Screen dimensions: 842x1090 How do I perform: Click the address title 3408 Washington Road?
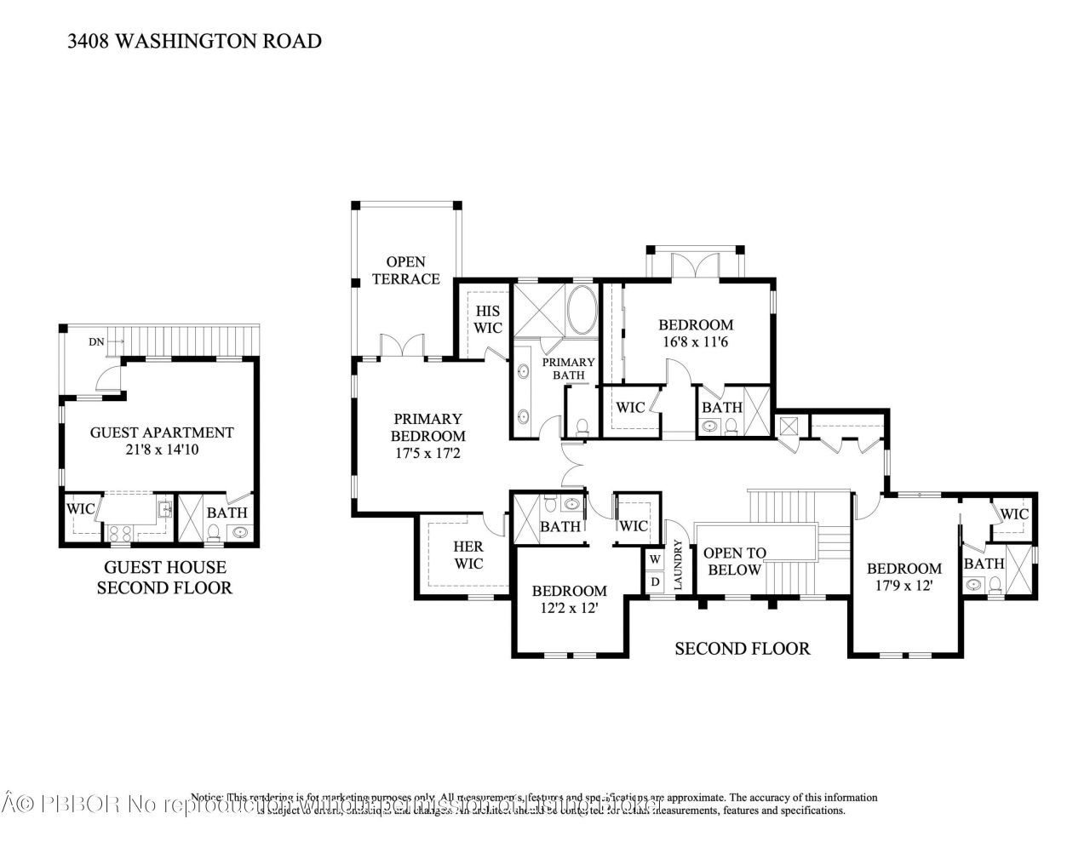[x=194, y=41]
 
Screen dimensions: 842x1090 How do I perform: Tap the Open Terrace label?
[x=405, y=270]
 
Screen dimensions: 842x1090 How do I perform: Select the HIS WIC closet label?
[x=488, y=319]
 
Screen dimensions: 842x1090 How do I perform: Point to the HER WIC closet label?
[x=468, y=555]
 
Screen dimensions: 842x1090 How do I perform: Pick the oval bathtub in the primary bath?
[x=582, y=310]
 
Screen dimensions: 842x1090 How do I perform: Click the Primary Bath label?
[x=569, y=369]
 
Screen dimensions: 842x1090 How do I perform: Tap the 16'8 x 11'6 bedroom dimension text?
[x=696, y=341]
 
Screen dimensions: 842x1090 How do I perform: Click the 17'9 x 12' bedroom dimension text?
[x=904, y=586]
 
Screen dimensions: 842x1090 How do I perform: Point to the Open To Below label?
[x=734, y=561]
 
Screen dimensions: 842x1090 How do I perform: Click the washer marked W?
[x=655, y=559]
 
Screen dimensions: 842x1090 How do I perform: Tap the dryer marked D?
[x=655, y=581]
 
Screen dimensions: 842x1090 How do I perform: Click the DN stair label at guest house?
[x=96, y=341]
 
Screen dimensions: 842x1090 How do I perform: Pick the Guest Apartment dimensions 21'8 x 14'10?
[x=162, y=449]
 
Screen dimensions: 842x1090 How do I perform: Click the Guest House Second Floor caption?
[x=164, y=577]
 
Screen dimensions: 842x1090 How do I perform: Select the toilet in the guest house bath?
[x=214, y=534]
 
